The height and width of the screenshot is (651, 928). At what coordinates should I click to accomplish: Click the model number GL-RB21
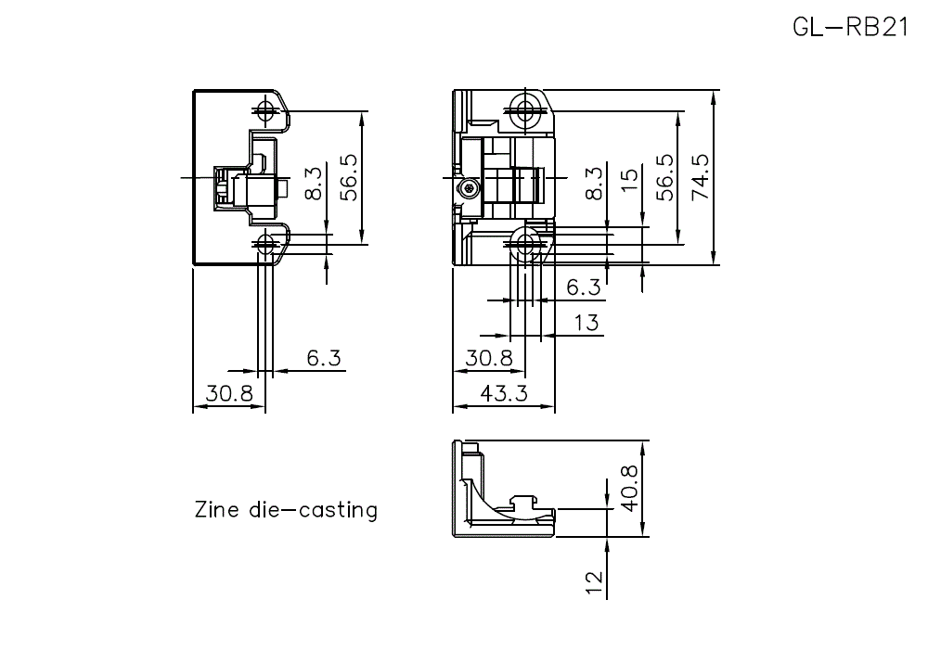click(x=850, y=27)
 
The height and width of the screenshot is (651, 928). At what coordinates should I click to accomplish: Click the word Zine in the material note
click(x=214, y=509)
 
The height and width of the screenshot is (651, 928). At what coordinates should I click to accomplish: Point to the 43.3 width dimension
click(x=504, y=393)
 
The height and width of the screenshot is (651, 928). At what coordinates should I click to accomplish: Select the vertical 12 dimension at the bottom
click(x=596, y=581)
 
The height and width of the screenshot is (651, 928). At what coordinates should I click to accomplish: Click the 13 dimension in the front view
click(x=586, y=323)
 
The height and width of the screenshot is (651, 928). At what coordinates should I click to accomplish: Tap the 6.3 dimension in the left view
click(x=323, y=358)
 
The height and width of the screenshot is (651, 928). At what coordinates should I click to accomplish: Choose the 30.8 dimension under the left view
click(x=229, y=393)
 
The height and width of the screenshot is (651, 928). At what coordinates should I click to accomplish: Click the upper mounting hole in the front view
click(x=527, y=112)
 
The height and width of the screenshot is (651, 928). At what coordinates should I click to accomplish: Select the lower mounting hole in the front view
click(x=527, y=245)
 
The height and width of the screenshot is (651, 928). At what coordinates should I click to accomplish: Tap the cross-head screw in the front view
click(x=471, y=189)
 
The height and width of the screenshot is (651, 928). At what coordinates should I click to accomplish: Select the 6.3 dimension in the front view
click(x=583, y=288)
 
